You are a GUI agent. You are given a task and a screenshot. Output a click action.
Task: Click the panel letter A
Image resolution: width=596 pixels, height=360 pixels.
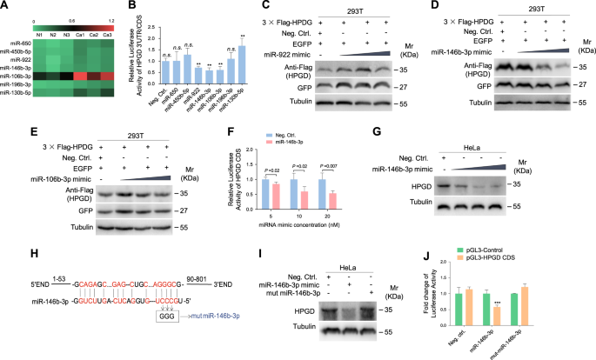point(6,7)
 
